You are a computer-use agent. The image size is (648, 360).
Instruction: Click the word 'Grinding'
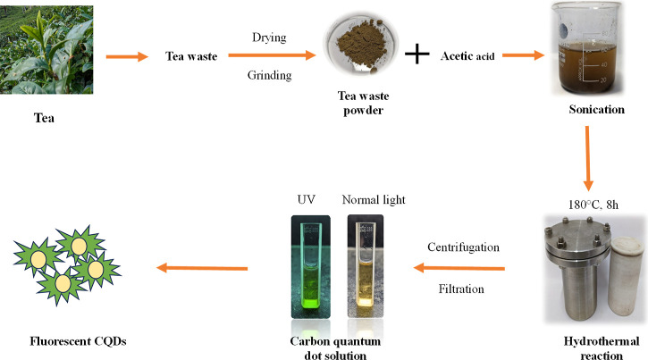(x=269, y=75)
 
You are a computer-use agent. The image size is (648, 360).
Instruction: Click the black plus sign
(x=417, y=56)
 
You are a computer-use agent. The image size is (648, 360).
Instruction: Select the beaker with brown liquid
(x=591, y=51)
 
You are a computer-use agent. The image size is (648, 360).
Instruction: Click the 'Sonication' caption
(x=593, y=110)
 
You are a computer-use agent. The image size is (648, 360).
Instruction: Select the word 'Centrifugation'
(x=464, y=245)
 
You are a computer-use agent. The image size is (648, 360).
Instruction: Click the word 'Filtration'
(x=464, y=289)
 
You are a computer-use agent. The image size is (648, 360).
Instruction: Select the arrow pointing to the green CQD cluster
(x=203, y=267)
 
